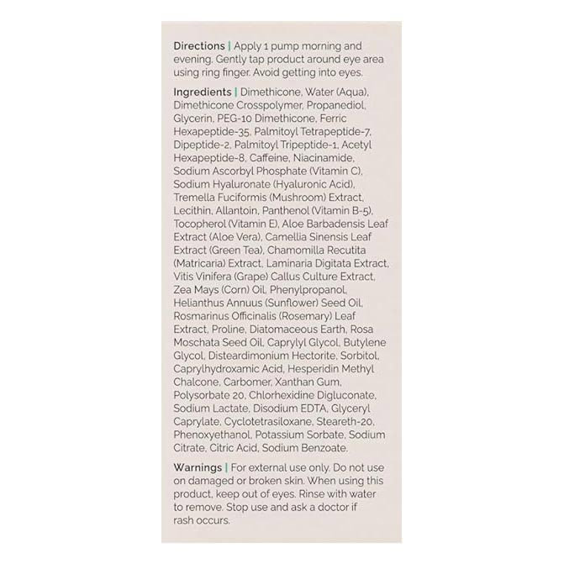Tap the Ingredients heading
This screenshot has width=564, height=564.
pos(202,91)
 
